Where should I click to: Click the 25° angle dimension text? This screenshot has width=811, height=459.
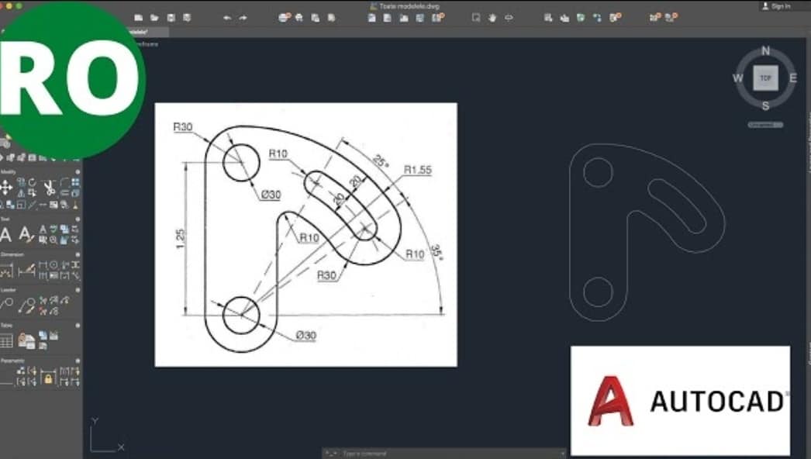coord(380,161)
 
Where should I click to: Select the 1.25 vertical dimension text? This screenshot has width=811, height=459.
coord(180,239)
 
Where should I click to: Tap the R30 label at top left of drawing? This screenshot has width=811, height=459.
coord(183,127)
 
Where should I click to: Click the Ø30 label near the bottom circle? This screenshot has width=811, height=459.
coord(305,336)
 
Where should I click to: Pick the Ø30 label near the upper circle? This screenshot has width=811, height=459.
coord(271,195)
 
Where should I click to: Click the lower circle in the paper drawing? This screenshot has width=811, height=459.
coord(240,315)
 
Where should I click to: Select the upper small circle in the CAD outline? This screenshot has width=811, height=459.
coord(598,172)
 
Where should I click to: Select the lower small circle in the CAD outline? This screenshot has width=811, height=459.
coord(598,292)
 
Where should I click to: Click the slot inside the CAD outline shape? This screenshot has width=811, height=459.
coord(677,206)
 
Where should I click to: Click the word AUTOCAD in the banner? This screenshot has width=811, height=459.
coord(716,401)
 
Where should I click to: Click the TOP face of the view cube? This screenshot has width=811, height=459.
coord(766,78)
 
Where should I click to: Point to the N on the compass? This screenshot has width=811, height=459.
coord(766,51)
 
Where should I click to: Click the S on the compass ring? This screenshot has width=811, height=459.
coord(766,106)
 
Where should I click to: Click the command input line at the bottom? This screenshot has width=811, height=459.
coord(446,453)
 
